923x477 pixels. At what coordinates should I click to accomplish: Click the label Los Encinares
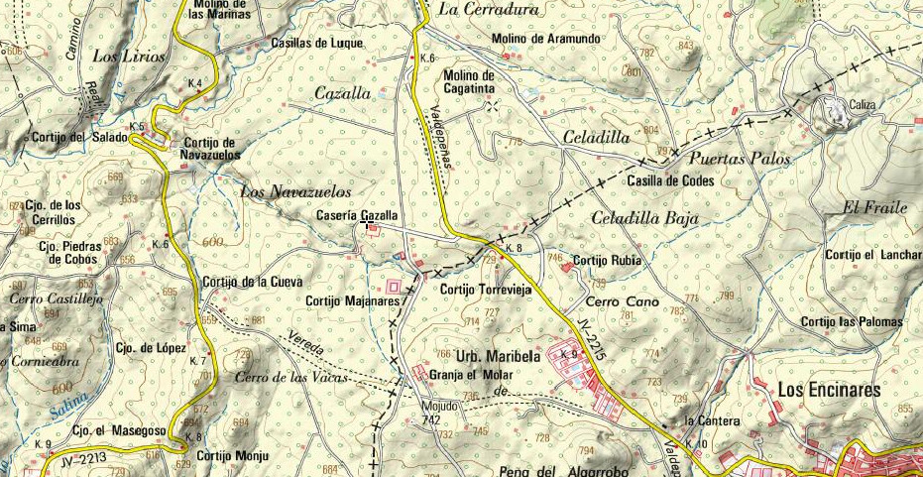(829, 391)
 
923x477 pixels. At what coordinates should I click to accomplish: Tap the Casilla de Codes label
(670, 181)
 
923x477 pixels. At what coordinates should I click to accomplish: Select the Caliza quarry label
(863, 104)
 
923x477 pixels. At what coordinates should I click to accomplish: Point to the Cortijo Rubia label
(608, 261)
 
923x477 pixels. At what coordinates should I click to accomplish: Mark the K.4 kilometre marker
(195, 82)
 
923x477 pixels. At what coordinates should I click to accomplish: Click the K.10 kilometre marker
(695, 444)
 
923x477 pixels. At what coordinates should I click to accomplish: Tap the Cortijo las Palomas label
(853, 321)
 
